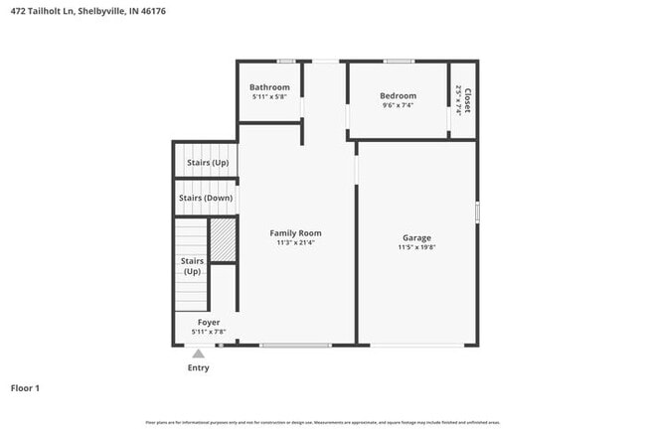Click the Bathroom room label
click(269, 87)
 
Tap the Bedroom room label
click(398, 95)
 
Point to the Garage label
click(416, 237)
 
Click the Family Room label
click(296, 233)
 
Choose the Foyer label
click(209, 323)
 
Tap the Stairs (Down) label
click(206, 198)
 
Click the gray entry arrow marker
click(199, 353)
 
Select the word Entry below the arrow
click(199, 367)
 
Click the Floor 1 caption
click(25, 387)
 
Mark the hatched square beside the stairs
click(223, 240)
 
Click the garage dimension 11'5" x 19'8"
click(416, 247)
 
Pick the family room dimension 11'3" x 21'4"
click(296, 243)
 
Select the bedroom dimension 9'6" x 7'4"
click(398, 105)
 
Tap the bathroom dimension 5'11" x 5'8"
click(269, 97)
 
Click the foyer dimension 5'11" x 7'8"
click(209, 332)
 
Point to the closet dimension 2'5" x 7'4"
click(458, 99)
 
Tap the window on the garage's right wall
click(477, 212)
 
